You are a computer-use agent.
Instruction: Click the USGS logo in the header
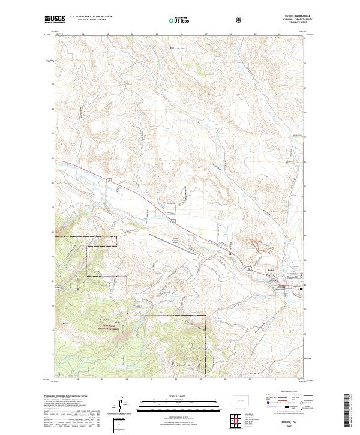pos(56,19)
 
